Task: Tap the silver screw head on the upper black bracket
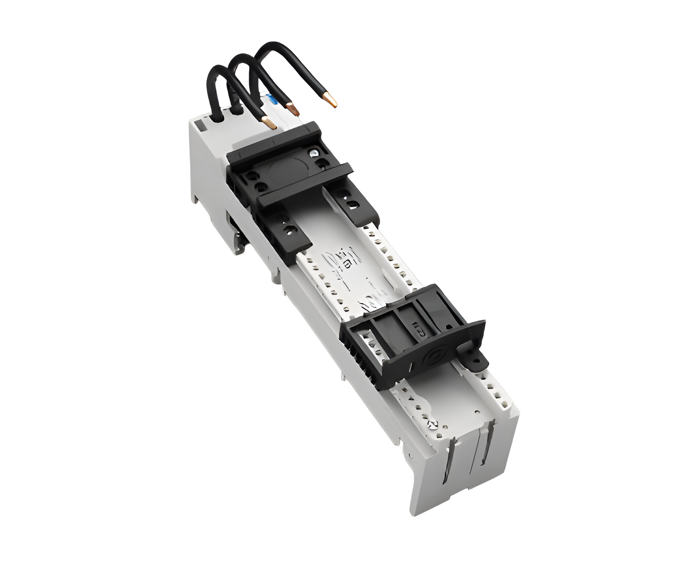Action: point(313,154)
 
